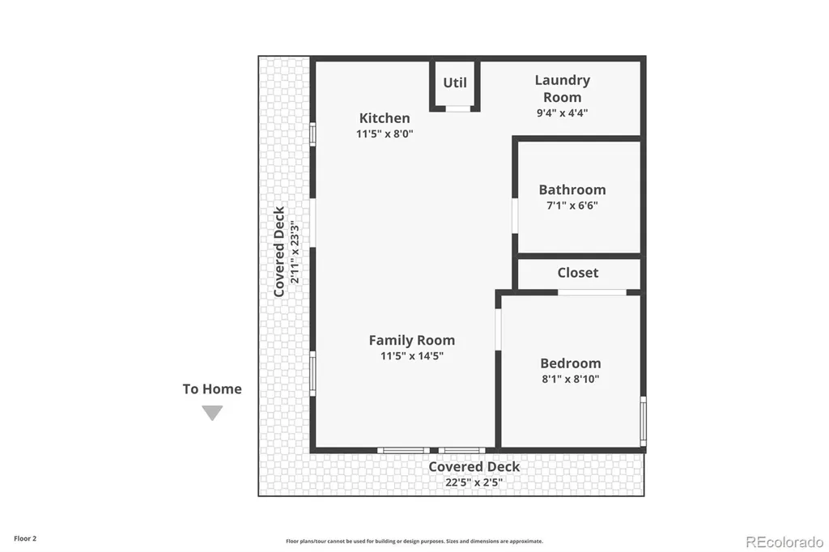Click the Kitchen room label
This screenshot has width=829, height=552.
click(385, 118)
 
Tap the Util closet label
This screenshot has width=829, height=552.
click(455, 83)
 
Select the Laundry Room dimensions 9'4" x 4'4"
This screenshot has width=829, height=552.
click(562, 113)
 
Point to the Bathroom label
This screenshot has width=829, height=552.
click(572, 190)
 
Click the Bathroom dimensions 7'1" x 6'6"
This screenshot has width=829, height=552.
click(572, 205)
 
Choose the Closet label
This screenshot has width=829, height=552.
click(578, 273)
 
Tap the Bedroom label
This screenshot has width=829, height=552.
click(571, 363)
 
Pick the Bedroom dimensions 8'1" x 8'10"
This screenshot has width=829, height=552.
click(571, 379)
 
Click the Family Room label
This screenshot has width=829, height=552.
click(412, 341)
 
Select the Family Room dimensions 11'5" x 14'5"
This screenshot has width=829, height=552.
click(412, 356)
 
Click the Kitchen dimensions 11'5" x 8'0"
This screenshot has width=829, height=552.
click(385, 134)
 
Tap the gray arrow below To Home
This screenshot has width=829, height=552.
click(212, 413)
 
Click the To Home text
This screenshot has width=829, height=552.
click(212, 389)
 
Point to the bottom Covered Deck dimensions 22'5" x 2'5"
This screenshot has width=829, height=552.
click(474, 482)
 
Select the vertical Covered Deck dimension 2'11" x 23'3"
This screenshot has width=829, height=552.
click(295, 252)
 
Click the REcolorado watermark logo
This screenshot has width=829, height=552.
click(784, 542)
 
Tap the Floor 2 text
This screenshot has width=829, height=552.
click(25, 539)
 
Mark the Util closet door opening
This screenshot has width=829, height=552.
click(458, 109)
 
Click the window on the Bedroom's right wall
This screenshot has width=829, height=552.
click(643, 422)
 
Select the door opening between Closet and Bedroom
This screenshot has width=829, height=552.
click(592, 292)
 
